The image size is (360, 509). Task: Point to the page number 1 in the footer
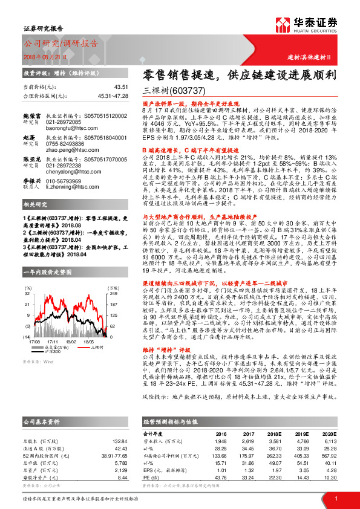click(335, 499)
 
